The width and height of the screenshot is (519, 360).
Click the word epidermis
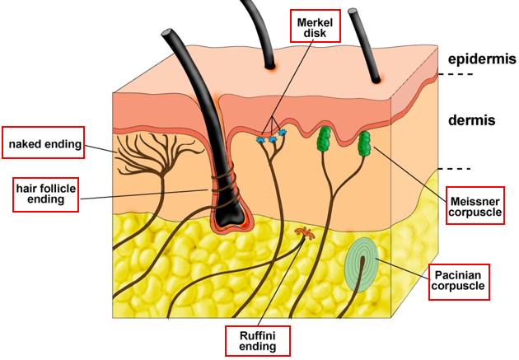coord(482,59)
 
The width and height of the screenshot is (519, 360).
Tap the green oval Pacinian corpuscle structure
coord(359,264)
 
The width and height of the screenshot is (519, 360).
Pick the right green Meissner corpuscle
coord(364,143)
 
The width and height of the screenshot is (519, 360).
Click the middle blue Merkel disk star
coord(273,138)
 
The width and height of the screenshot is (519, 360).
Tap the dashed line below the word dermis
coord(456,169)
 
